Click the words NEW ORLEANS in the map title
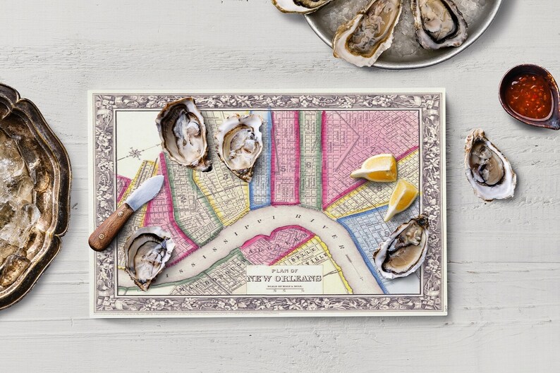click(284, 279)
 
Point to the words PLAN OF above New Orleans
click(284, 269)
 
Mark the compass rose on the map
click(134, 152)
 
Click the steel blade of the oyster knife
click(146, 192)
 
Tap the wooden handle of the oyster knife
click(110, 228)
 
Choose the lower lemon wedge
click(401, 198)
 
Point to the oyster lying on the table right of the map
click(489, 164)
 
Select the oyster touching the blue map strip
click(240, 145)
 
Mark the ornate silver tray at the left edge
click(32, 194)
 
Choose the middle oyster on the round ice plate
click(367, 30)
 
